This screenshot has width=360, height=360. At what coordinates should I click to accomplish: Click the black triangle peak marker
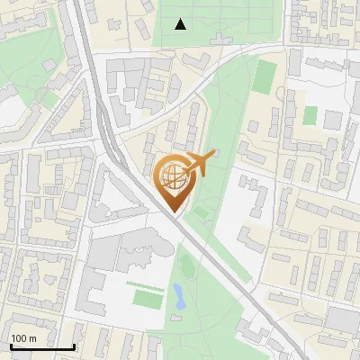181,24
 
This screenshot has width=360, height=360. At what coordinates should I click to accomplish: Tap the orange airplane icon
201,164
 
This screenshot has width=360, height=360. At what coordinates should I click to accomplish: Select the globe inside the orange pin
172,175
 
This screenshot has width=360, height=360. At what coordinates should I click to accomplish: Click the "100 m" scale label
23,337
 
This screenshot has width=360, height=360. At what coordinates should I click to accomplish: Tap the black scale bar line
42,346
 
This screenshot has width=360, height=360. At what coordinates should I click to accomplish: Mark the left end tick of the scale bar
11,345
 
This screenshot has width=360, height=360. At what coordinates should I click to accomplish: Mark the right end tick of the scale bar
74,345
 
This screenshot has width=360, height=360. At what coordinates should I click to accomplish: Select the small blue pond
178,293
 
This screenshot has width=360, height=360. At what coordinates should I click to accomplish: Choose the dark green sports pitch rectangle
263,76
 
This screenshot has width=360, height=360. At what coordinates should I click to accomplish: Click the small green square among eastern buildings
310,115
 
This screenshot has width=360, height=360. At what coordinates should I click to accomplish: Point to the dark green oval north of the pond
187,265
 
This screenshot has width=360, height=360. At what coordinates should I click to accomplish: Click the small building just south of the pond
177,318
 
